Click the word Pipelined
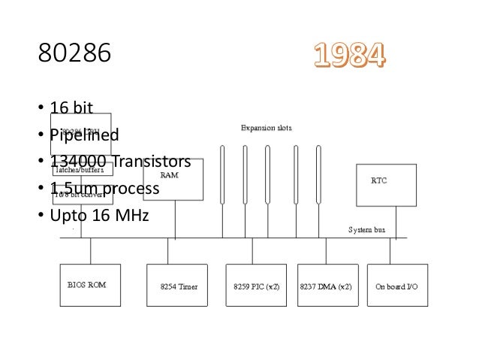pyautogui.click(x=84, y=135)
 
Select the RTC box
pyautogui.click(x=385, y=185)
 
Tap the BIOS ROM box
pyautogui.click(x=90, y=285)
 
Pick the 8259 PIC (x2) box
pyautogui.click(x=256, y=285)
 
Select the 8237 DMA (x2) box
pyautogui.click(x=326, y=285)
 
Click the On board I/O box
pyautogui.click(x=396, y=285)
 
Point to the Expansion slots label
pyautogui.click(x=266, y=128)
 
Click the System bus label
pyautogui.click(x=366, y=230)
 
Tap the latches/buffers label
pyautogui.click(x=79, y=171)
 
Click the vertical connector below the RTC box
pyautogui.click(x=396, y=222)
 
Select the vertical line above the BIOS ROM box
pyautogui.click(x=90, y=251)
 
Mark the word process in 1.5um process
pyautogui.click(x=131, y=189)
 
